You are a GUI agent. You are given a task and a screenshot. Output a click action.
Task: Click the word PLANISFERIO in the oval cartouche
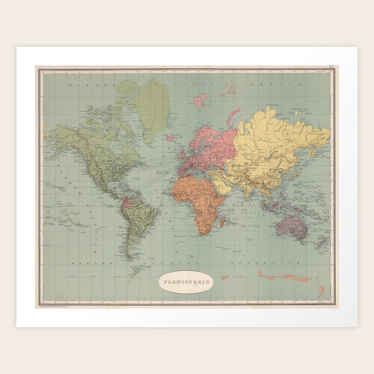click(x=186, y=282)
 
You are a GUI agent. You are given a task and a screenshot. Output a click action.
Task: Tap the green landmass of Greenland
click(x=152, y=107)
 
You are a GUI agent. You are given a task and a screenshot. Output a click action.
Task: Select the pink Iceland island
click(x=170, y=137)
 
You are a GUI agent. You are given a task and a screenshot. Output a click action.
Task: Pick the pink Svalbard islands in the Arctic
click(x=201, y=100)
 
